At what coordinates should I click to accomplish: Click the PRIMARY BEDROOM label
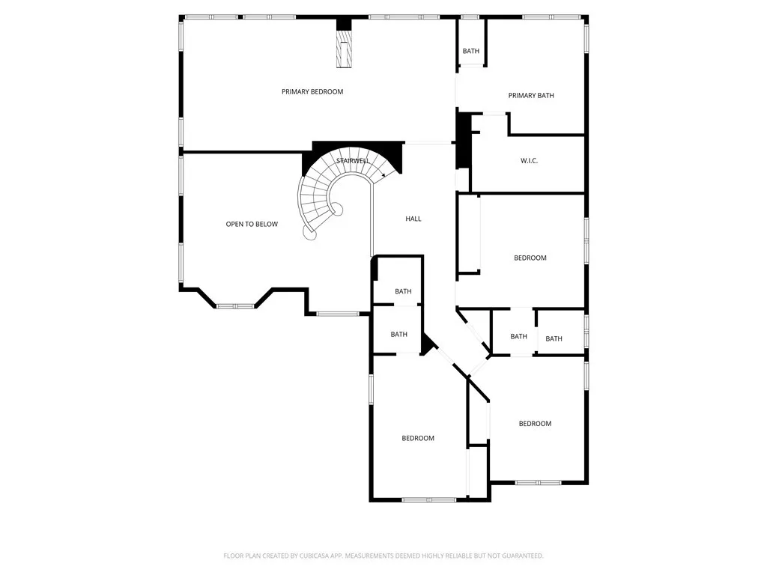click(x=312, y=91)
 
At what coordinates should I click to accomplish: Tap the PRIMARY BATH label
click(x=531, y=95)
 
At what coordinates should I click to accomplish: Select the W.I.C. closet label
click(x=529, y=161)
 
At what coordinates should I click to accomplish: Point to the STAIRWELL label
click(x=353, y=160)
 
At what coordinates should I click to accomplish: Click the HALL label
click(x=413, y=219)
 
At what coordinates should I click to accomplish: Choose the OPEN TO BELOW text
click(x=252, y=224)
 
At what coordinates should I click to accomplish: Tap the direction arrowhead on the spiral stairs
click(x=384, y=175)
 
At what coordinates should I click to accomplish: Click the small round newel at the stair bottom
click(x=309, y=234)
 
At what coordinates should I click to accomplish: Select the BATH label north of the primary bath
click(x=470, y=51)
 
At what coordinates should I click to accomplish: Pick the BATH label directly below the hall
click(x=403, y=291)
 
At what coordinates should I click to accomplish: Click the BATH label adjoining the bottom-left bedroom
click(x=398, y=334)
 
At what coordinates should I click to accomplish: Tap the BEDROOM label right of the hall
click(x=530, y=258)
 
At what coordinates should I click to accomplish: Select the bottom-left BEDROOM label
click(x=417, y=438)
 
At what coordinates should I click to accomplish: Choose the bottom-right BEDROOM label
click(x=535, y=423)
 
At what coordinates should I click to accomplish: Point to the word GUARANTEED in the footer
click(x=518, y=556)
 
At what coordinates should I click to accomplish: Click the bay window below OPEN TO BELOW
click(x=235, y=305)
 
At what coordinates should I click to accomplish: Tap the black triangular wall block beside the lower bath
click(x=428, y=344)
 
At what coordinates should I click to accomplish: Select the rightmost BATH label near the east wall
click(x=554, y=338)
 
